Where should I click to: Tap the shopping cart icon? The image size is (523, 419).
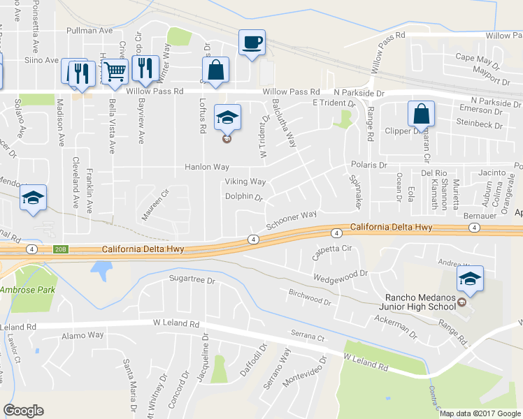(x=115, y=71)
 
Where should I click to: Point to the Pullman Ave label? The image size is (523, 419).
(x=89, y=31)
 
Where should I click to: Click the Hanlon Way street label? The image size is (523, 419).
(x=207, y=168)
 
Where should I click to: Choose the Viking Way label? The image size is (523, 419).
(x=245, y=182)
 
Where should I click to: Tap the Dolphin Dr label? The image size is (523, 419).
(x=243, y=197)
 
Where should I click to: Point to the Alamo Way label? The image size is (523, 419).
(x=83, y=336)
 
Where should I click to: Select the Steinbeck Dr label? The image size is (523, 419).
(x=479, y=126)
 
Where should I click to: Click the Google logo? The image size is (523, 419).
(x=23, y=411)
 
